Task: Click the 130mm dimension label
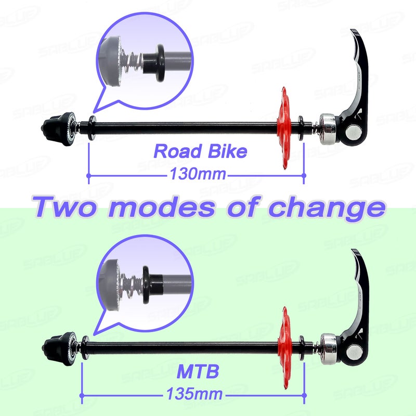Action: click(x=198, y=174)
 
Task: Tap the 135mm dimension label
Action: click(x=194, y=394)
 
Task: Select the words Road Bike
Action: click(x=200, y=151)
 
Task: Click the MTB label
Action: click(x=198, y=371)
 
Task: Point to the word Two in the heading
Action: click(x=63, y=207)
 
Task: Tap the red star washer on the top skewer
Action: click(x=284, y=128)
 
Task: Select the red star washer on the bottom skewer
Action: click(x=284, y=348)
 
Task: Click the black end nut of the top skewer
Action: click(x=59, y=129)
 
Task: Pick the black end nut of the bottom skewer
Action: click(x=60, y=348)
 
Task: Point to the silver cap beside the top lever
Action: click(x=328, y=129)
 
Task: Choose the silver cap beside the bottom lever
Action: click(x=329, y=349)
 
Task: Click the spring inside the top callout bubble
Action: click(x=132, y=61)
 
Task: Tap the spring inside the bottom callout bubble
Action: click(x=132, y=283)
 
